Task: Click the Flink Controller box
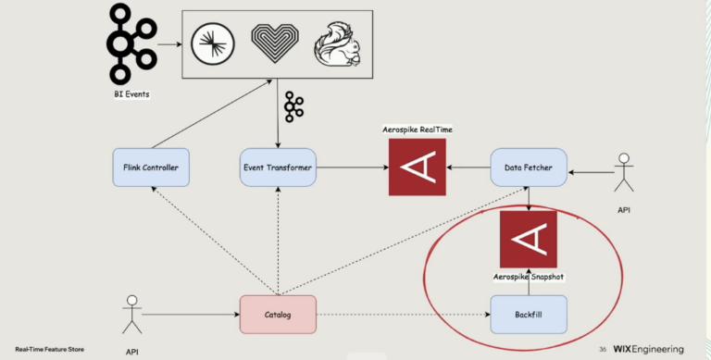click(150, 168)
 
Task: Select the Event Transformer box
click(278, 168)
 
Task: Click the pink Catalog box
click(278, 315)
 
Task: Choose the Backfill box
click(527, 315)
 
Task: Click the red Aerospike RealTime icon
click(417, 167)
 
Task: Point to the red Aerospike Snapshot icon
click(529, 240)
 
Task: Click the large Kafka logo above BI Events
click(130, 43)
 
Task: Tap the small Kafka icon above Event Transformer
click(293, 107)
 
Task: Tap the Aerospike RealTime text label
click(417, 130)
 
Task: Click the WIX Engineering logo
click(649, 349)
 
